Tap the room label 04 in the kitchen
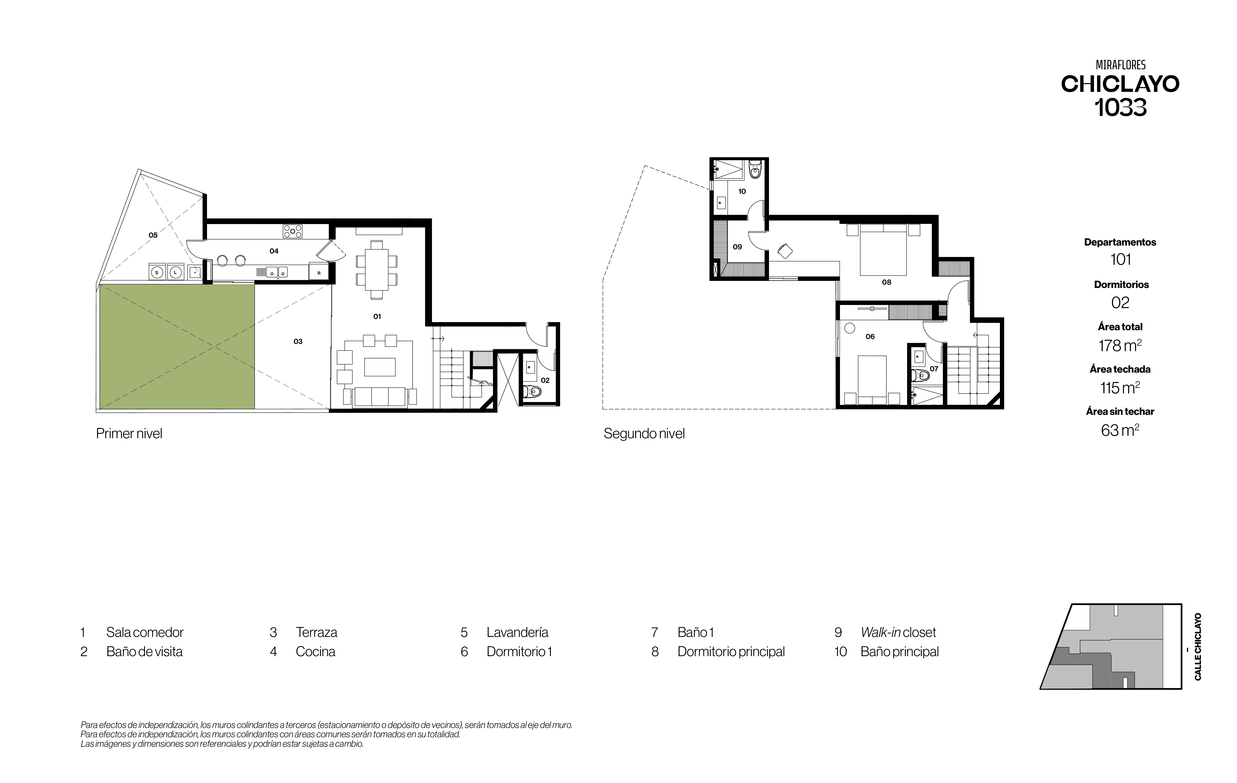[274, 251]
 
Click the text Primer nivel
[129, 434]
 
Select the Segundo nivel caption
[644, 434]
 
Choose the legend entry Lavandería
[517, 632]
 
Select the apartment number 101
[1120, 259]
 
